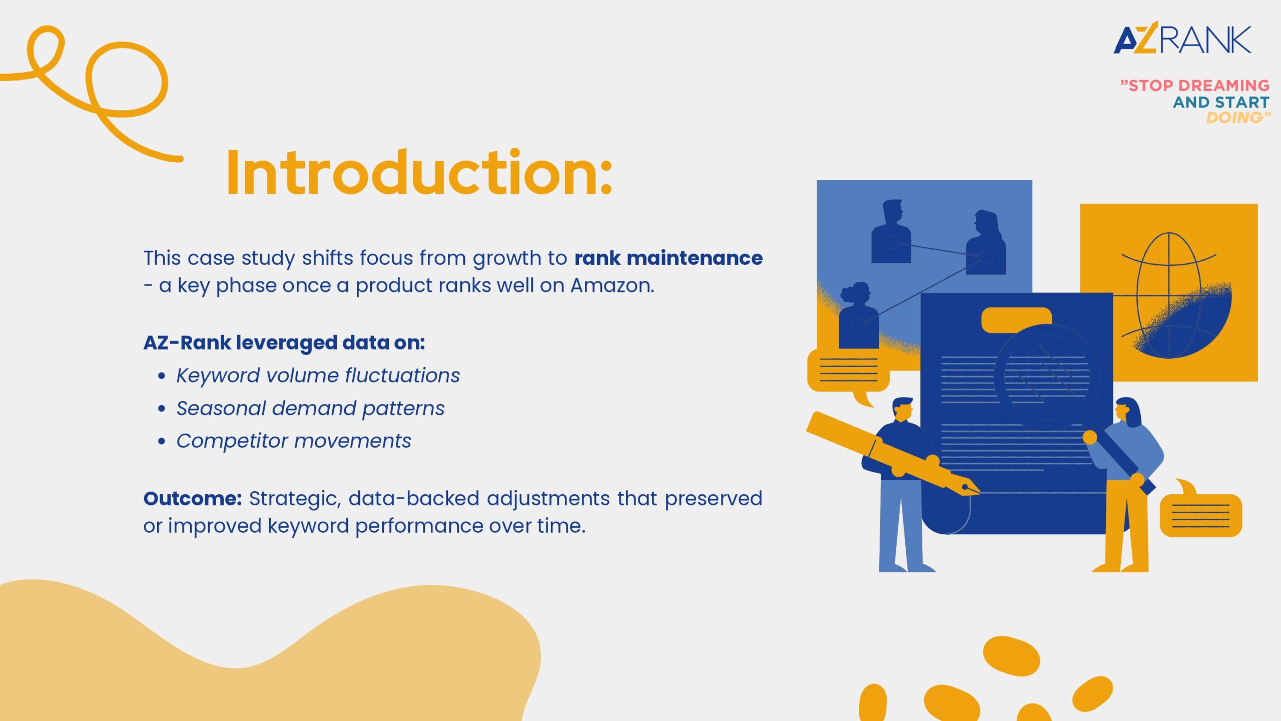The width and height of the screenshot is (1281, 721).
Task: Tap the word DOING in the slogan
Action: [1234, 118]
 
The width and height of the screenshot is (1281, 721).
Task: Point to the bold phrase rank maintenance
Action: [669, 258]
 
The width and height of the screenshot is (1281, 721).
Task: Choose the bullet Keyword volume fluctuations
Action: [318, 376]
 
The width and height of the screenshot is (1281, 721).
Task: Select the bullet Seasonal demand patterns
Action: [310, 409]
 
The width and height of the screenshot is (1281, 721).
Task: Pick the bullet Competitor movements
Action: [294, 441]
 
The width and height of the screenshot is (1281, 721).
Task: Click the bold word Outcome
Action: [193, 499]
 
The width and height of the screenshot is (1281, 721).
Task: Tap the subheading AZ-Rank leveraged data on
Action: [284, 343]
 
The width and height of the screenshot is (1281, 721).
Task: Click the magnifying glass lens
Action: [1047, 377]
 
